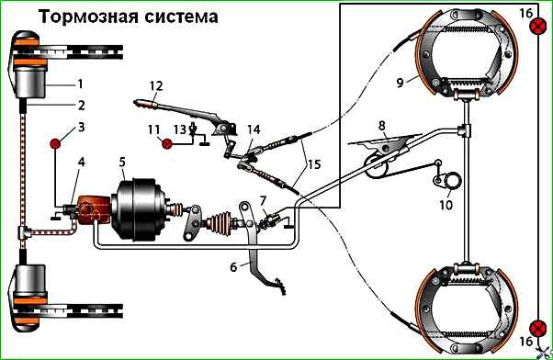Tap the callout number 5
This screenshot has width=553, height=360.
coord(122,163)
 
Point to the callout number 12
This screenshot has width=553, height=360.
coord(156,85)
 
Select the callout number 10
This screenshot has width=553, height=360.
coord(446,205)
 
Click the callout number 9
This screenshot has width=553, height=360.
coord(400,83)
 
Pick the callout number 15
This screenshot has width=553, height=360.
coord(314,164)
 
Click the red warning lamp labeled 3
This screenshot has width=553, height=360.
coord(55,143)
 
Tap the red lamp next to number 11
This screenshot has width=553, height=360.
coord(167,143)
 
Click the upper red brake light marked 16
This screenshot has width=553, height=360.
coord(537,27)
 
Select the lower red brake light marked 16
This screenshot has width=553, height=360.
coord(537,328)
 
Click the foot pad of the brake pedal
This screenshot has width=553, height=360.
coord(277,284)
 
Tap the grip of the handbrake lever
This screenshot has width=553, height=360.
coord(145,104)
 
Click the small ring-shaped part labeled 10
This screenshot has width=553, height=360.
coord(453,181)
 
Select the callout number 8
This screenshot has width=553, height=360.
coord(382,126)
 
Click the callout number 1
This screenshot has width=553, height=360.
coord(81,84)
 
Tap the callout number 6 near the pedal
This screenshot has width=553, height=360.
coord(233,267)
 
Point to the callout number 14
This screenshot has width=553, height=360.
coord(254,129)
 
